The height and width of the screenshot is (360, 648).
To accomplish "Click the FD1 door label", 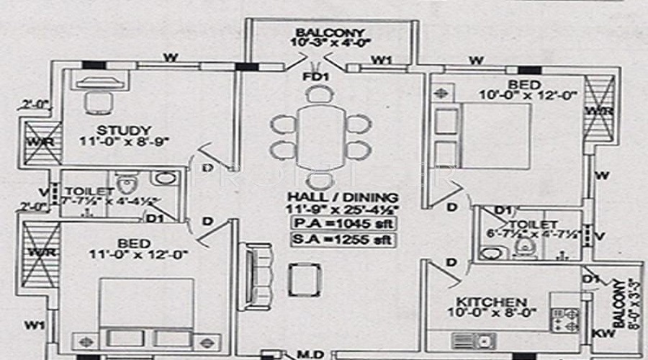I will [315, 76].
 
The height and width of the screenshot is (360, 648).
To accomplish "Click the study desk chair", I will [96, 102].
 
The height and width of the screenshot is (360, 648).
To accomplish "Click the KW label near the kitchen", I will [597, 334].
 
